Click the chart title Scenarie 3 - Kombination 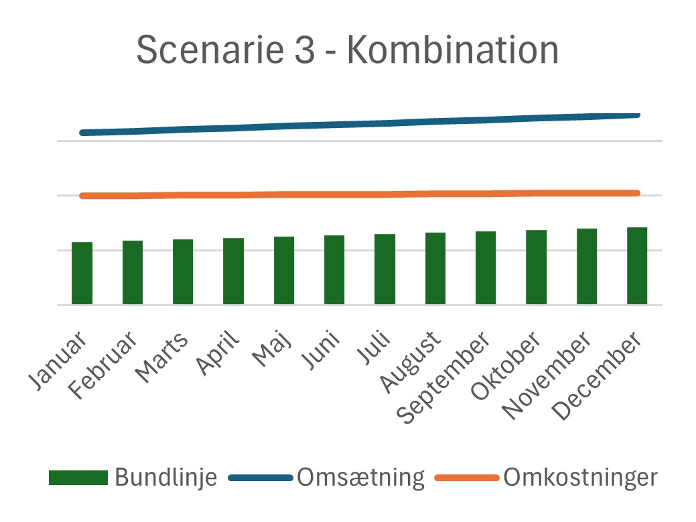tap(348, 50)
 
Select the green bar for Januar tap(82, 273)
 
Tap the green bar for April tap(234, 271)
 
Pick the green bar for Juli tap(385, 269)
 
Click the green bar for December tap(637, 266)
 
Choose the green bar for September tap(486, 268)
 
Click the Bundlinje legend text tap(165, 478)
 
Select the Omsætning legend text tap(361, 478)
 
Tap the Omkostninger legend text tap(580, 478)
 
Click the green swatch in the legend tap(78, 478)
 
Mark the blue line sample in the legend tap(261, 478)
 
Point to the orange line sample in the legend tap(467, 478)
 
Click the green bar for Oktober tap(536, 267)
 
